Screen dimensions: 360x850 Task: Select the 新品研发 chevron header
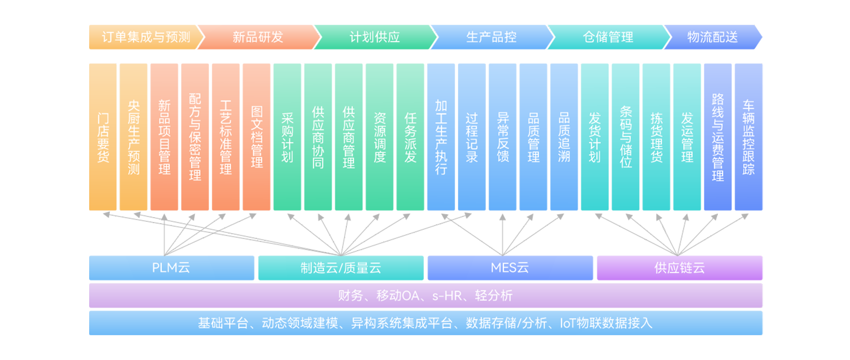point(258,37)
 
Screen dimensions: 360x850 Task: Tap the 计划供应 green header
point(375,37)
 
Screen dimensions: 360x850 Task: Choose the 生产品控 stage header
point(491,37)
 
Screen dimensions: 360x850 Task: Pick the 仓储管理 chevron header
point(608,37)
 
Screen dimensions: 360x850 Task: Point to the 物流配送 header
point(712,37)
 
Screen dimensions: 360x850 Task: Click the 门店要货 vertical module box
point(103,137)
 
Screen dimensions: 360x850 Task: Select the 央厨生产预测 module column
point(134,137)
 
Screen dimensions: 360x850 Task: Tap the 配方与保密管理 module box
point(195,137)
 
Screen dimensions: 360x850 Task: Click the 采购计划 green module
point(287,137)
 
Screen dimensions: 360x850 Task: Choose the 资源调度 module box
point(380,137)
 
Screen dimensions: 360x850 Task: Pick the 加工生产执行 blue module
point(441,137)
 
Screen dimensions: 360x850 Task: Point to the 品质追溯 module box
point(564,137)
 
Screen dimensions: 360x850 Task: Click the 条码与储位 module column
point(626,137)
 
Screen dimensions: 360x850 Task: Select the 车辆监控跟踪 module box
point(748,137)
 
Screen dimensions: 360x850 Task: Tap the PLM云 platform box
point(171,268)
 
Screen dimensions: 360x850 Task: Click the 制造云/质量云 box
point(341,268)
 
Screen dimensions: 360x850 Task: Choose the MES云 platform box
point(510,268)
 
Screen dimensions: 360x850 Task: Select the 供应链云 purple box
point(679,268)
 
